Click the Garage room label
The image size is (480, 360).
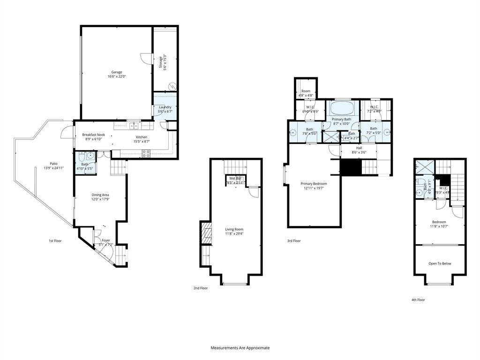[117, 72]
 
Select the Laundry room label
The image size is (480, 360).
[165, 107]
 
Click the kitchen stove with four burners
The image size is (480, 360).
[146, 152]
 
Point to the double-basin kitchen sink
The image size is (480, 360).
[134, 126]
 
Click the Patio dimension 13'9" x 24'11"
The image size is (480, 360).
[53, 168]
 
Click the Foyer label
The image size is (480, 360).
[106, 240]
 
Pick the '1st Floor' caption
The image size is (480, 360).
[55, 241]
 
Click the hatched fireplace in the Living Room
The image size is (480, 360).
[204, 232]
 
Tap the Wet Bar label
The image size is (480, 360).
[235, 179]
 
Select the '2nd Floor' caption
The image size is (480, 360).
[201, 288]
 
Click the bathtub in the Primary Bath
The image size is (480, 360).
[341, 109]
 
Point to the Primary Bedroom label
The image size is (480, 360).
[314, 184]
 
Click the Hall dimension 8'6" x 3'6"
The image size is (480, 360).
[358, 152]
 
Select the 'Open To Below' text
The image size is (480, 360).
[440, 263]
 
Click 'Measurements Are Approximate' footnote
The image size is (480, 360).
[240, 348]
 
